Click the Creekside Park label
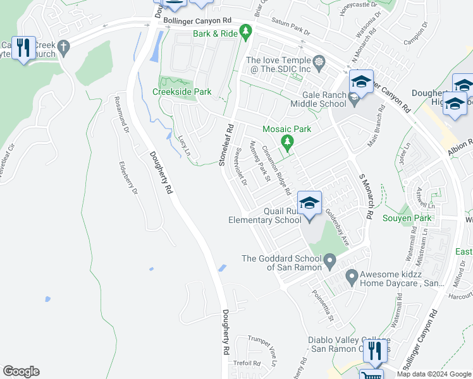tap(182, 92)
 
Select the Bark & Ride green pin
tap(245, 31)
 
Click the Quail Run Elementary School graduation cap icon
tap(309, 203)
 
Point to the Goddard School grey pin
tap(329, 260)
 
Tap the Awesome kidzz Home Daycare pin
tap(352, 276)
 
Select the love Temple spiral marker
tap(319, 62)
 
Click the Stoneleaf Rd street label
tap(226, 145)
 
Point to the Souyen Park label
tap(407, 219)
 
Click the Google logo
tap(21, 371)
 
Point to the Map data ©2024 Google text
tap(433, 374)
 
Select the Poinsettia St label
tap(322, 304)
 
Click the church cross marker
tap(63, 46)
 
